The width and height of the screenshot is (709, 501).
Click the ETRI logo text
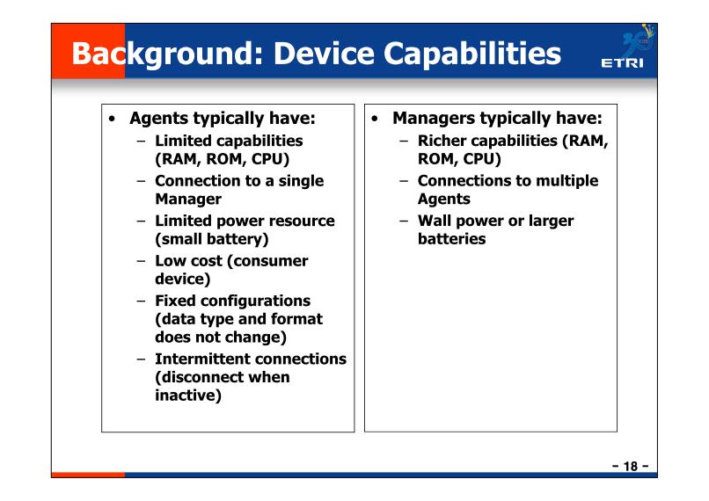pyautogui.click(x=622, y=62)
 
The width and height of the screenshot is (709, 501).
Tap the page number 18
pyautogui.click(x=631, y=466)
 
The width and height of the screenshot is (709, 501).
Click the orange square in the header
pyautogui.click(x=88, y=51)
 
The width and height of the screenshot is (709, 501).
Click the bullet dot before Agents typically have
pyautogui.click(x=112, y=120)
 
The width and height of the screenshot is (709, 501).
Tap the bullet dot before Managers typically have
pyautogui.click(x=375, y=120)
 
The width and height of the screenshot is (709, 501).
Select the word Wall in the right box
pyautogui.click(x=435, y=221)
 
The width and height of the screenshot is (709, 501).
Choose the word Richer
pyautogui.click(x=442, y=141)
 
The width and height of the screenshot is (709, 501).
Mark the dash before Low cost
pyautogui.click(x=142, y=261)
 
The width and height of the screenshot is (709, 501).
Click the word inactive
pyautogui.click(x=187, y=396)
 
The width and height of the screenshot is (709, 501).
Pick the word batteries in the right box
pyautogui.click(x=452, y=238)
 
